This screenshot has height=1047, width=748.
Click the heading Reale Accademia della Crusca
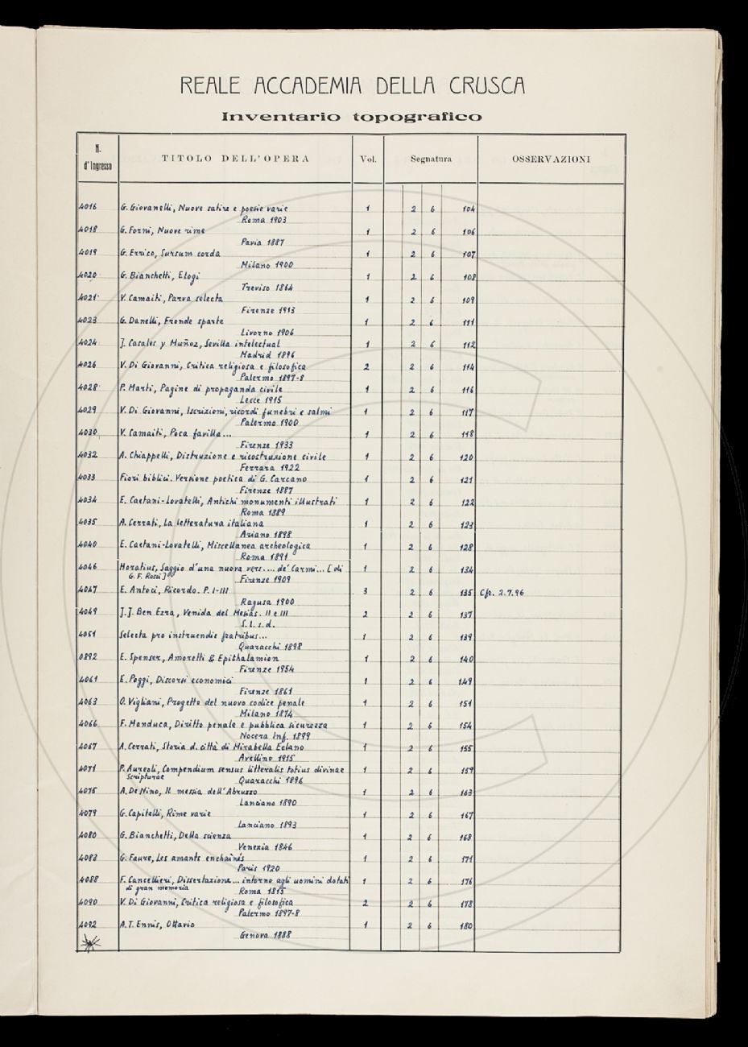[x=352, y=85]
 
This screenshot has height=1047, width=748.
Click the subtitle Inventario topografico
[x=352, y=117]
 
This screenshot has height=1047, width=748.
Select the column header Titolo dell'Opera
[x=235, y=159]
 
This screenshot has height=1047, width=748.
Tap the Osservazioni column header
[x=551, y=159]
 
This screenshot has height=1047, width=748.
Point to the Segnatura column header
[x=431, y=159]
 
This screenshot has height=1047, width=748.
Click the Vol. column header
[x=367, y=159]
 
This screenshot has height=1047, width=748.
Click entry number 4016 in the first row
[x=88, y=209]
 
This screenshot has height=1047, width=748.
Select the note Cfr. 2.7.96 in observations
[x=501, y=592]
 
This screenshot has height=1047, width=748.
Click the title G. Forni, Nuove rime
[x=163, y=231]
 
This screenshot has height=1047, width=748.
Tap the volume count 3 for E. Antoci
[x=366, y=592]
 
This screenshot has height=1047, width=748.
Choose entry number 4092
[x=88, y=925]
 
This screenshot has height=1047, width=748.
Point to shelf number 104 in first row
[x=469, y=209]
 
